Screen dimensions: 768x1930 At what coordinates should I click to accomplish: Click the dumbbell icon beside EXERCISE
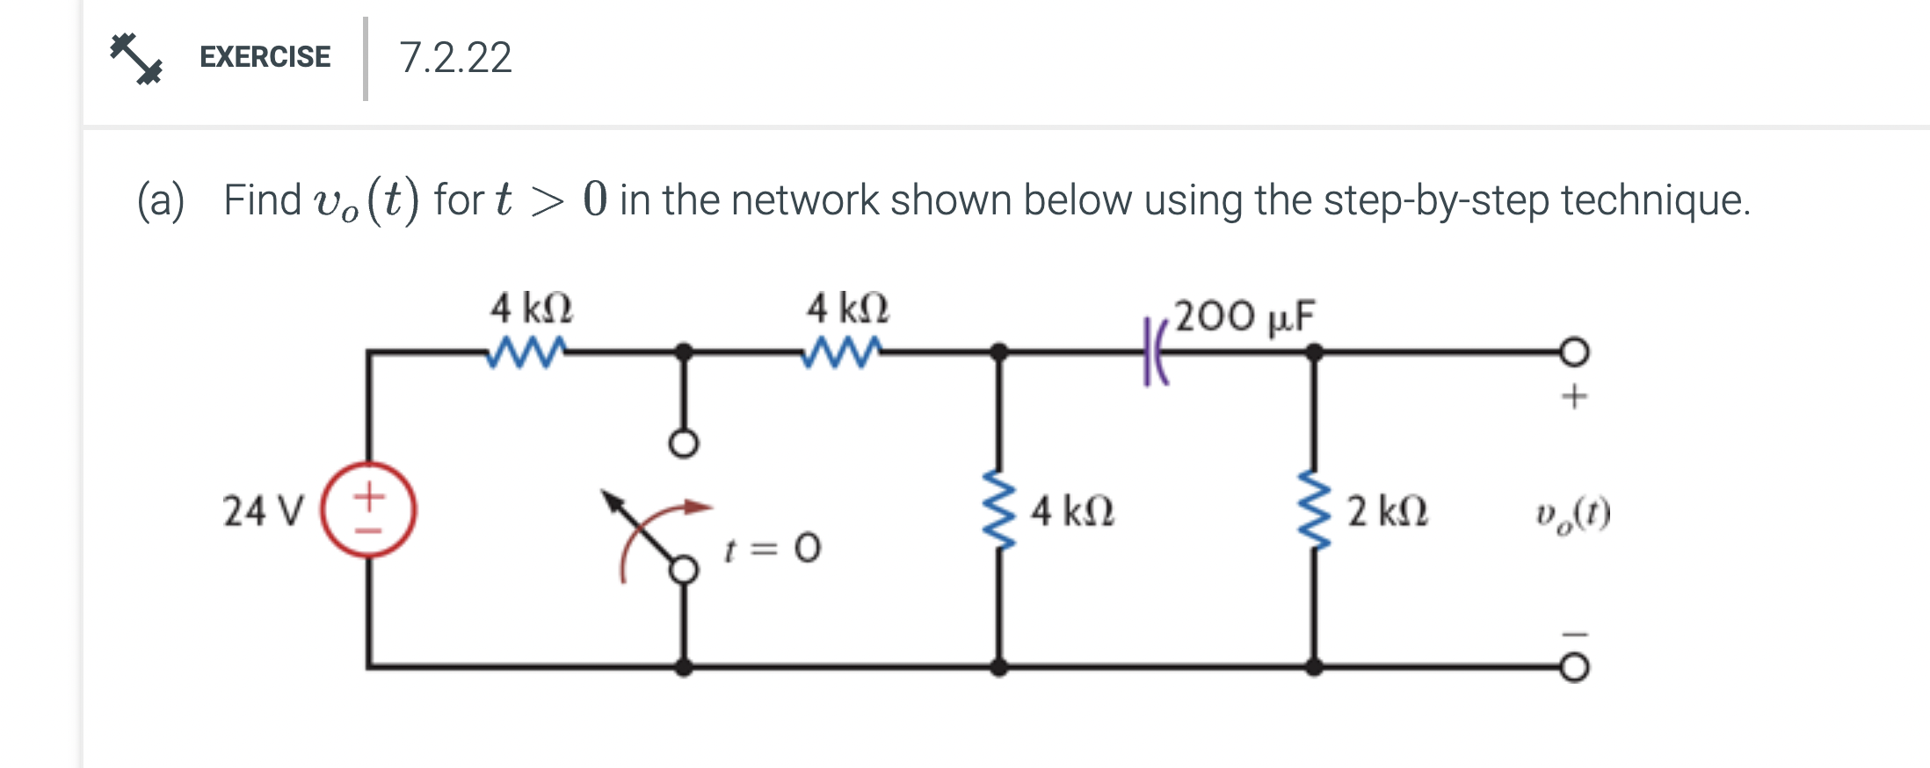(x=135, y=58)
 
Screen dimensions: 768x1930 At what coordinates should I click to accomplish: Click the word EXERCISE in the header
(x=265, y=57)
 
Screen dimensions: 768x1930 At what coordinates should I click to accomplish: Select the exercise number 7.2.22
(x=454, y=58)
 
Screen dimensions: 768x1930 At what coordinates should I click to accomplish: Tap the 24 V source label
(x=262, y=511)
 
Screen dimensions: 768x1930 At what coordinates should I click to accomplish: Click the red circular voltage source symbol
(x=368, y=510)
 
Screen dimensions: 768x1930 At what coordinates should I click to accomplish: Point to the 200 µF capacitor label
(x=1244, y=316)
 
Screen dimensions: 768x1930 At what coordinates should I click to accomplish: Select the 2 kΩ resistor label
(x=1387, y=511)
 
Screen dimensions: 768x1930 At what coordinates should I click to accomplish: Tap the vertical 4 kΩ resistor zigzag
(x=998, y=510)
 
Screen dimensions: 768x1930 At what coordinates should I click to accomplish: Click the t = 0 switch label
(x=772, y=549)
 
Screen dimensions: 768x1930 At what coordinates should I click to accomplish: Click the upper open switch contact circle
(x=684, y=444)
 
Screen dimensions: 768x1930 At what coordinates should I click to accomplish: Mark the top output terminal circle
(x=1574, y=351)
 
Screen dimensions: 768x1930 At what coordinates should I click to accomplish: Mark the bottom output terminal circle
(x=1574, y=668)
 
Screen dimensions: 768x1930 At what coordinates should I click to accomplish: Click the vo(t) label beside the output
(x=1572, y=515)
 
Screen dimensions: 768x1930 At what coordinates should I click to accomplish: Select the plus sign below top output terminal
(x=1574, y=397)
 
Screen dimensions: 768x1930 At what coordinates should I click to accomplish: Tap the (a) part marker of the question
(x=161, y=200)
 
